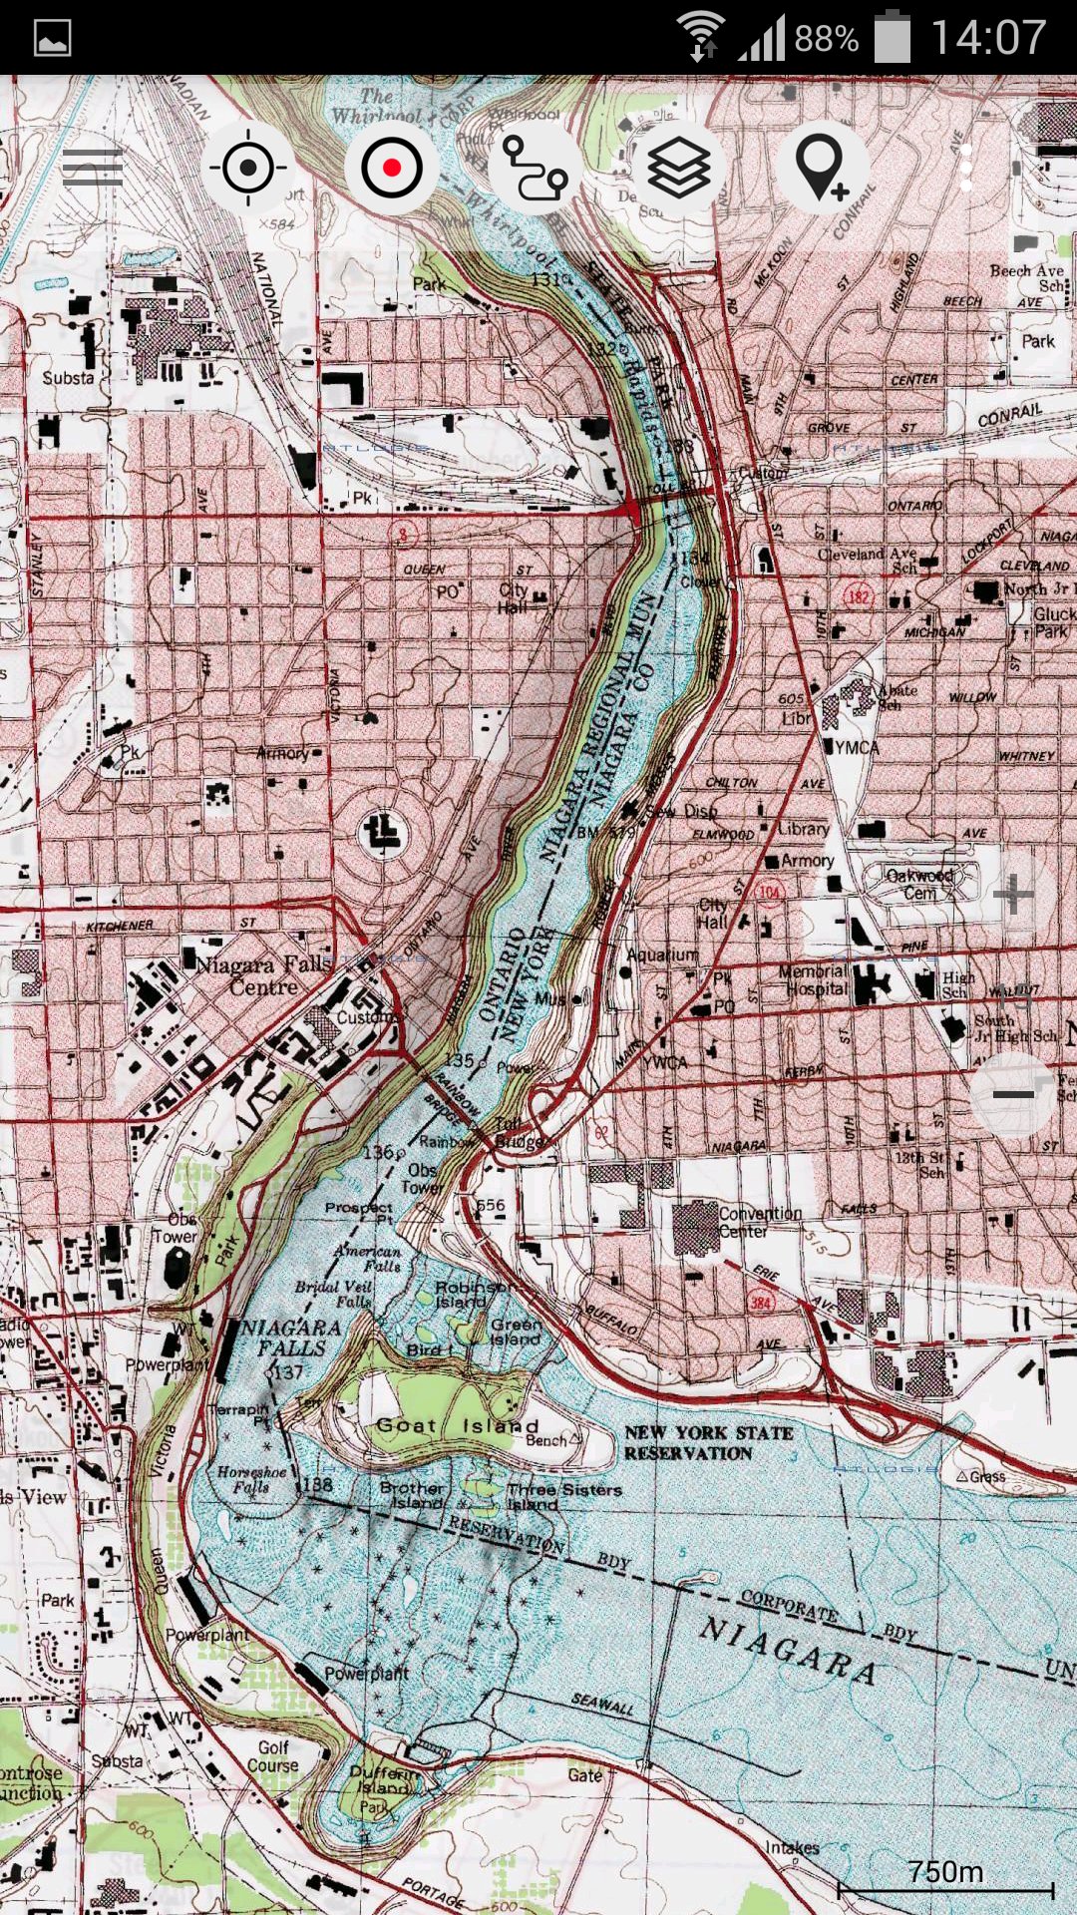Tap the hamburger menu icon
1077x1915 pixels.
(92, 168)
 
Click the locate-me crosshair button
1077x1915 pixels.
(248, 168)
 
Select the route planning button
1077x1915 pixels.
(535, 168)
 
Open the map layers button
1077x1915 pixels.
(679, 168)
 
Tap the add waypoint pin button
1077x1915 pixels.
(822, 168)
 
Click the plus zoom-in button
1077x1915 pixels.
(1013, 894)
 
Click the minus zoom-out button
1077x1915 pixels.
(1013, 1094)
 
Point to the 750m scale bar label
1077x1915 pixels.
(945, 1871)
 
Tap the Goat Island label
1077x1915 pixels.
(458, 1425)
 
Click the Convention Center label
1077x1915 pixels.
(760, 1222)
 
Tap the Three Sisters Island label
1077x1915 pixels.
(564, 1495)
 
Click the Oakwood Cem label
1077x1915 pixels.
(919, 884)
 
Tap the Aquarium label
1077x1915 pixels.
(662, 955)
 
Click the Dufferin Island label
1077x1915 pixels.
(385, 1779)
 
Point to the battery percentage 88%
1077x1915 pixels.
(826, 38)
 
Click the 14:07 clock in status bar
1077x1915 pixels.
(987, 38)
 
